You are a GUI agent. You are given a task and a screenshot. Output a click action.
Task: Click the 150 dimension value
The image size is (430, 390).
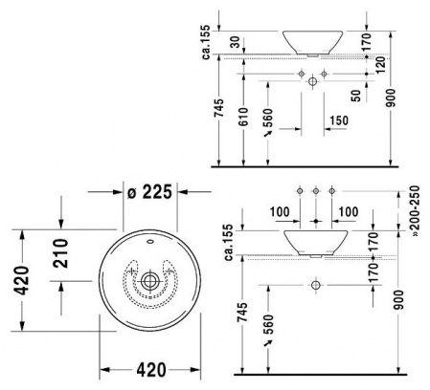[x=337, y=121]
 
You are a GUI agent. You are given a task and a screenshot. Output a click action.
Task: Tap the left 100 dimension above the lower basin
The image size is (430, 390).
[x=278, y=209]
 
